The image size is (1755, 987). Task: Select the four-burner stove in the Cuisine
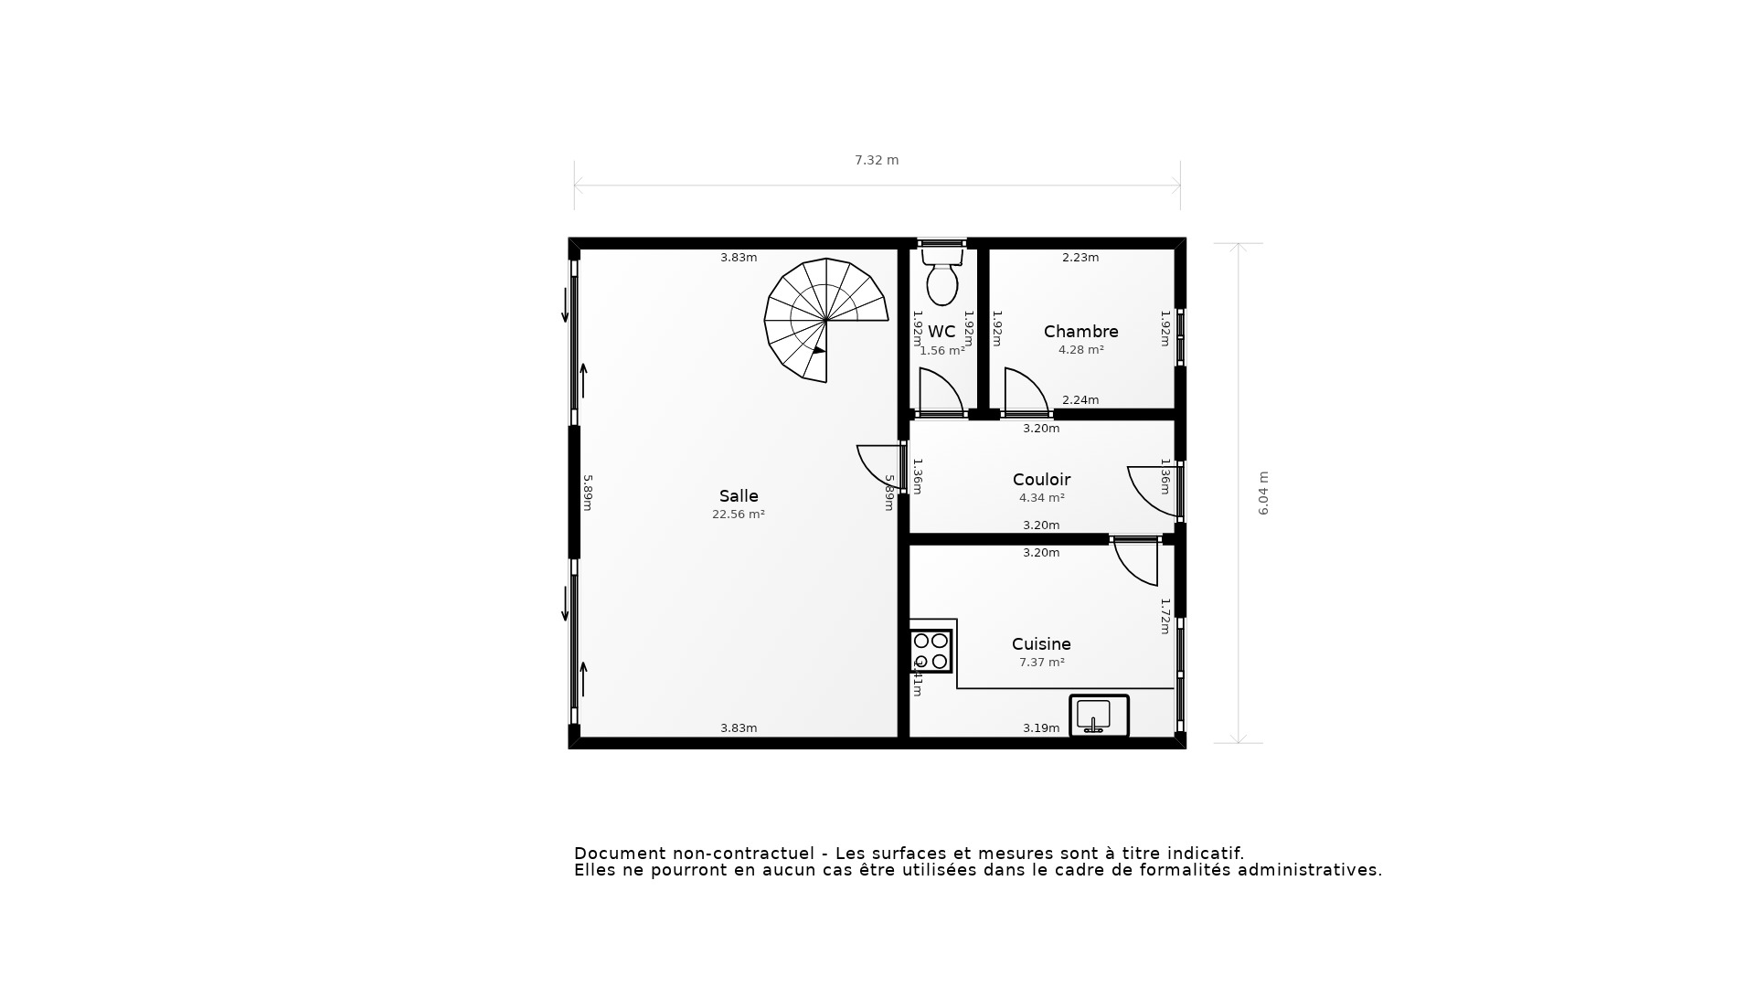(931, 651)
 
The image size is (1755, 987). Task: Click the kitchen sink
(1099, 715)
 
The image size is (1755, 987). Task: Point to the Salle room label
(739, 496)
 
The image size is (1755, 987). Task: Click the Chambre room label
(1080, 332)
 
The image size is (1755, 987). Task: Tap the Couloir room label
(1041, 480)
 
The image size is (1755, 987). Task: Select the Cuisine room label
(1041, 644)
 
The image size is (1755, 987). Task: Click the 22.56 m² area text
(739, 515)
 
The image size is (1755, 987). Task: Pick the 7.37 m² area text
(1041, 663)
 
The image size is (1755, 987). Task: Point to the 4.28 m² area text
(1080, 350)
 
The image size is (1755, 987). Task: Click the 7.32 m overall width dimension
(877, 161)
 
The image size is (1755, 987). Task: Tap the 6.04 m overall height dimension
(1264, 493)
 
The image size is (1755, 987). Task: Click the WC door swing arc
(941, 391)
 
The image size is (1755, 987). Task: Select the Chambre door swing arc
(1026, 391)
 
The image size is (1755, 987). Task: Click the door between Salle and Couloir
(879, 466)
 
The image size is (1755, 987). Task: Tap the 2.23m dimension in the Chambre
(1080, 258)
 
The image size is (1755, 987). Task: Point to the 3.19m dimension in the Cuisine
(1041, 728)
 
